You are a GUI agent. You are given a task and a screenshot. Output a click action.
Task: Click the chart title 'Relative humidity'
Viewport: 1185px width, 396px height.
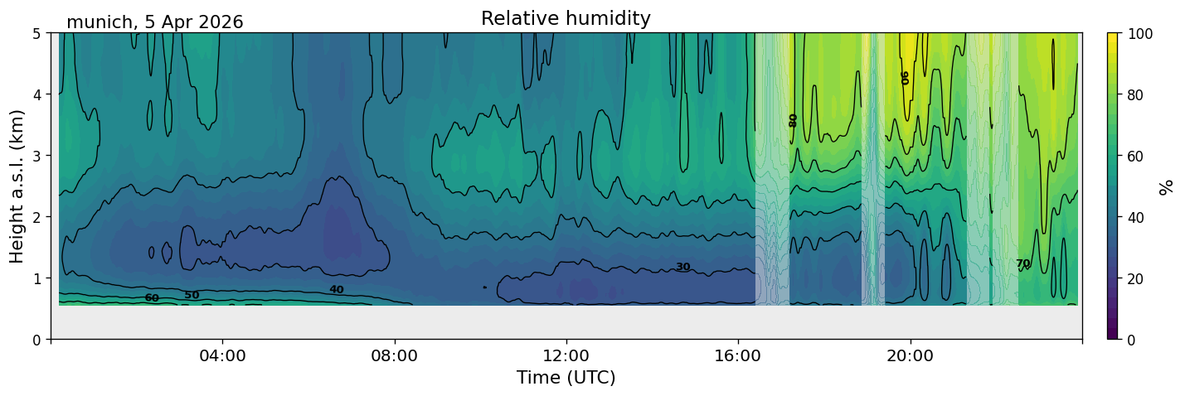point(566,18)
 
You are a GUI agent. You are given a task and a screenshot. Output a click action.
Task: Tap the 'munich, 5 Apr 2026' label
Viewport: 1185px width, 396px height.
point(154,22)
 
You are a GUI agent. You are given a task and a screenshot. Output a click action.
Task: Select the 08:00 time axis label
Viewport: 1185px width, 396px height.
point(394,355)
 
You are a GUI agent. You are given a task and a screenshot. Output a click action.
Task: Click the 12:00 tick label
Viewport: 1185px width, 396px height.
point(566,355)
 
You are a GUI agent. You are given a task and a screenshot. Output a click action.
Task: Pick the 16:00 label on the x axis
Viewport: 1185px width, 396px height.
point(738,355)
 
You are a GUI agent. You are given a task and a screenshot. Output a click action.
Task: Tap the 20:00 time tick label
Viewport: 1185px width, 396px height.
point(910,355)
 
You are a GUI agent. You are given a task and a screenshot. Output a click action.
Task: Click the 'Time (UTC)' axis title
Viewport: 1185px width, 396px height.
point(566,378)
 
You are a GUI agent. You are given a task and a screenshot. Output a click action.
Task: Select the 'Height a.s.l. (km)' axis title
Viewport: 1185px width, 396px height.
point(17,186)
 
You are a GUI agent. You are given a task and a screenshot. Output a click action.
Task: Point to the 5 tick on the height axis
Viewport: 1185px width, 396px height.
point(36,34)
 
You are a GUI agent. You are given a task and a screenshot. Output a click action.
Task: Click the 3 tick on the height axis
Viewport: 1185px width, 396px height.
point(36,156)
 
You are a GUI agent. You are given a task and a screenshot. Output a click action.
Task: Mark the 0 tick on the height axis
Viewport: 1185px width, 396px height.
point(36,340)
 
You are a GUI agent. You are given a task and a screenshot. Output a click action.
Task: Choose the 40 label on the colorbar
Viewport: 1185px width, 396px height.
point(1138,218)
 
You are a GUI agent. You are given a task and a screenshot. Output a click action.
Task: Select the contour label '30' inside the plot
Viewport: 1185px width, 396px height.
point(683,267)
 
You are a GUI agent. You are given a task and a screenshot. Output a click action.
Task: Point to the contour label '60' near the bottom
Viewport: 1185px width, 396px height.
point(152,298)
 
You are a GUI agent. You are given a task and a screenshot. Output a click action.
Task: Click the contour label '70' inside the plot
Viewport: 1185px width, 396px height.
point(1023,263)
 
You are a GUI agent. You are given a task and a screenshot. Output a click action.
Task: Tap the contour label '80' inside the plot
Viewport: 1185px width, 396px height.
point(793,121)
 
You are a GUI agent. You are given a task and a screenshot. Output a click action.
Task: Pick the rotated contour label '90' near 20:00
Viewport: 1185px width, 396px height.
point(905,78)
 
